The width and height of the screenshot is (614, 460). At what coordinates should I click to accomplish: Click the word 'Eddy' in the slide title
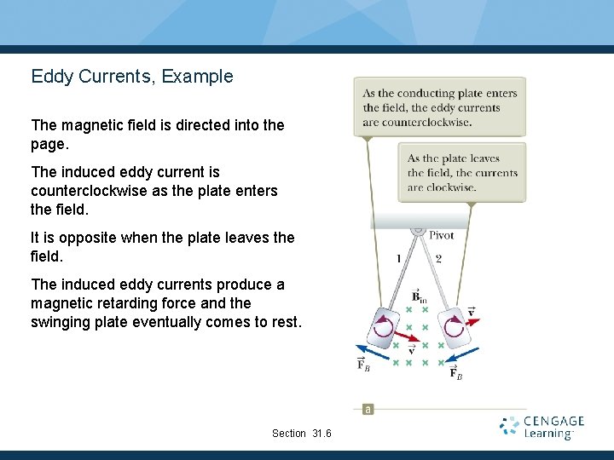pyautogui.click(x=49, y=77)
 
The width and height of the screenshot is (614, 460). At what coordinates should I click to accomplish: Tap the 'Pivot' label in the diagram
pyautogui.click(x=441, y=235)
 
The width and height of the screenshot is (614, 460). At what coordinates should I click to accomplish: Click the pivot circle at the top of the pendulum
pyautogui.click(x=418, y=229)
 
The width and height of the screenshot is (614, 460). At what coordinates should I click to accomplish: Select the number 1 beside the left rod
pyautogui.click(x=398, y=258)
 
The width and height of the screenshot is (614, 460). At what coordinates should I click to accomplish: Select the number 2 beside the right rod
pyautogui.click(x=438, y=258)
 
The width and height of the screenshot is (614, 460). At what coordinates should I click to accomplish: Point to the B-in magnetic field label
pyautogui.click(x=419, y=296)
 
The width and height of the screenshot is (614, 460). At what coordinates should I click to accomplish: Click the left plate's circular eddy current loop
pyautogui.click(x=384, y=327)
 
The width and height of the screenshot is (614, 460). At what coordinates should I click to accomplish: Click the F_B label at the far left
pyautogui.click(x=363, y=365)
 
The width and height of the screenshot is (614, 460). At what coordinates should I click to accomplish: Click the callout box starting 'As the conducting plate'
pyautogui.click(x=439, y=107)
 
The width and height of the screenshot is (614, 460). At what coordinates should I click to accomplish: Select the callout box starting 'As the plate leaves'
pyautogui.click(x=461, y=172)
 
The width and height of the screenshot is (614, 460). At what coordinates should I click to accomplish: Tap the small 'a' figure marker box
pyautogui.click(x=368, y=409)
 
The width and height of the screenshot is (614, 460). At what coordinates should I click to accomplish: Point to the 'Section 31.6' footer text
pyautogui.click(x=301, y=434)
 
